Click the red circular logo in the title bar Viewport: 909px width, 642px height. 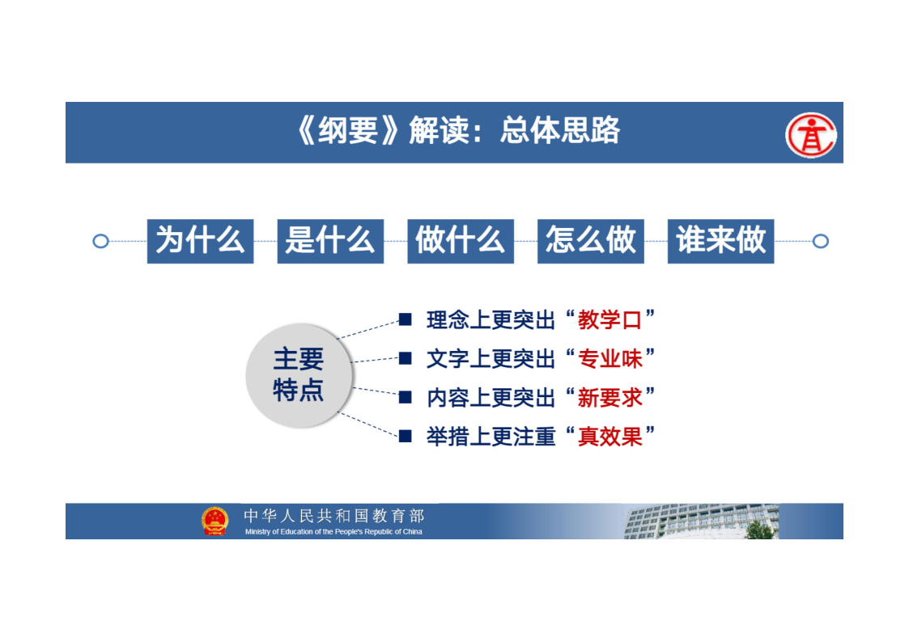pos(810,135)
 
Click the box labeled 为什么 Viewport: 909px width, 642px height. pos(200,241)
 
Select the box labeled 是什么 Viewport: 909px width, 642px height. pos(330,241)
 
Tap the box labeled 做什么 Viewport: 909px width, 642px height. pos(461,241)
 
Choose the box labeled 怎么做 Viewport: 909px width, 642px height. pos(591,241)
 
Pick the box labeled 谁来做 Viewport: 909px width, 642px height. pos(720,241)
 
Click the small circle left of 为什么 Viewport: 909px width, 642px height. pos(101,241)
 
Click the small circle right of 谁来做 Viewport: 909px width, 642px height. pos(820,241)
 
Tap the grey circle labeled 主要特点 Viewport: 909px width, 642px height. pos(299,375)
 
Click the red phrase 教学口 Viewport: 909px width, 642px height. pos(610,319)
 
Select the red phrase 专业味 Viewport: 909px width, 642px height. pos(610,359)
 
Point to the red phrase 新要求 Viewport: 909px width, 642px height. pos(610,398)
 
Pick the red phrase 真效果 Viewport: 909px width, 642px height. pos(610,437)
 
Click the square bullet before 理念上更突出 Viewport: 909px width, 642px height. pos(406,319)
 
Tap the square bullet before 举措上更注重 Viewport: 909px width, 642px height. pos(406,437)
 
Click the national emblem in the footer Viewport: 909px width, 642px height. pos(215,521)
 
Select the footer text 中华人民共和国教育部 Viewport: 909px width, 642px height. pos(334,515)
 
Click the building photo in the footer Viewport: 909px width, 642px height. pos(702,521)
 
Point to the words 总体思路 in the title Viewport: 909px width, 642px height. pos(560,130)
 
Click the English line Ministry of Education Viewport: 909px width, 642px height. pos(333,531)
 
